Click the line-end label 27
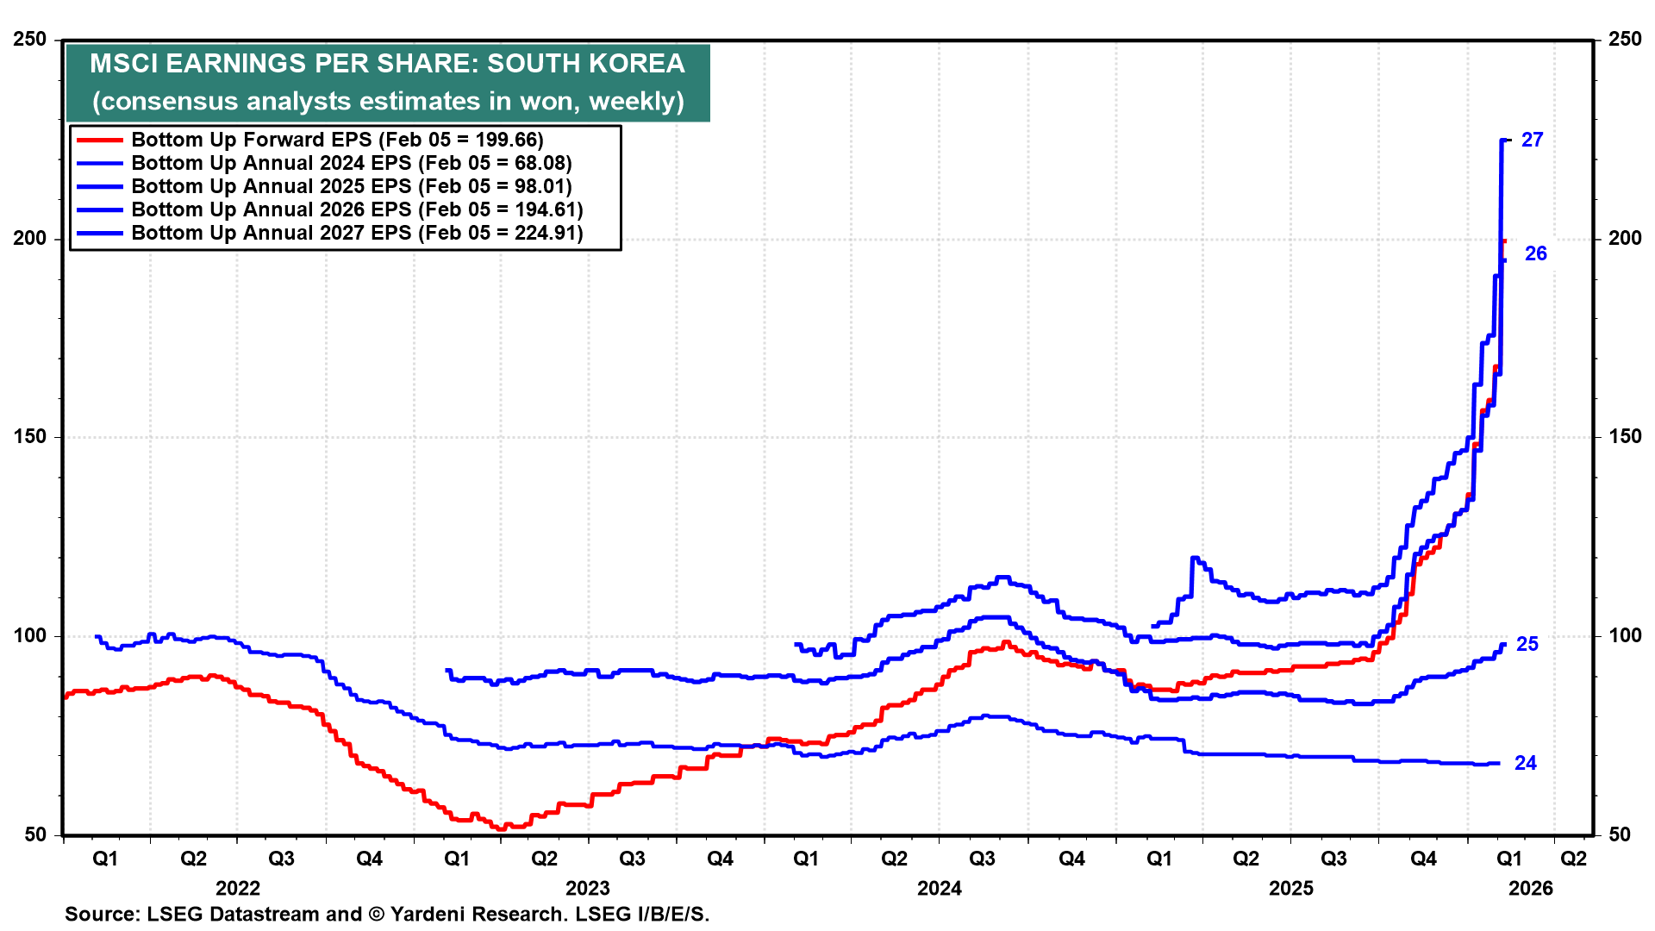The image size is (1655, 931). tap(1532, 140)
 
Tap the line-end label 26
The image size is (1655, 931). tap(1535, 253)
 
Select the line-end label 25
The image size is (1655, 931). tap(1527, 644)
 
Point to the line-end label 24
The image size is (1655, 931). tap(1525, 763)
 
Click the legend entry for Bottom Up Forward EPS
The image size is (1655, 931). tap(337, 140)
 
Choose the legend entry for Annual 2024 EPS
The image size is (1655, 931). tap(351, 163)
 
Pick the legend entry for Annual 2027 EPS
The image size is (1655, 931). tap(357, 233)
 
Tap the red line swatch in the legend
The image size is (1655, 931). tap(100, 140)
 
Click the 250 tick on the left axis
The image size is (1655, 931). tap(30, 40)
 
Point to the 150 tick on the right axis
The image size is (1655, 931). tap(1625, 437)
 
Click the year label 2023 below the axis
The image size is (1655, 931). tap(587, 889)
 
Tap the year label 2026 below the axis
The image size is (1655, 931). tap(1530, 889)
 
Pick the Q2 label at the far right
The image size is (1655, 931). tap(1573, 859)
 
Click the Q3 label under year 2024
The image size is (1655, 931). tap(982, 859)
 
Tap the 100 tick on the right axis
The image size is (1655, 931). tap(1625, 636)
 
